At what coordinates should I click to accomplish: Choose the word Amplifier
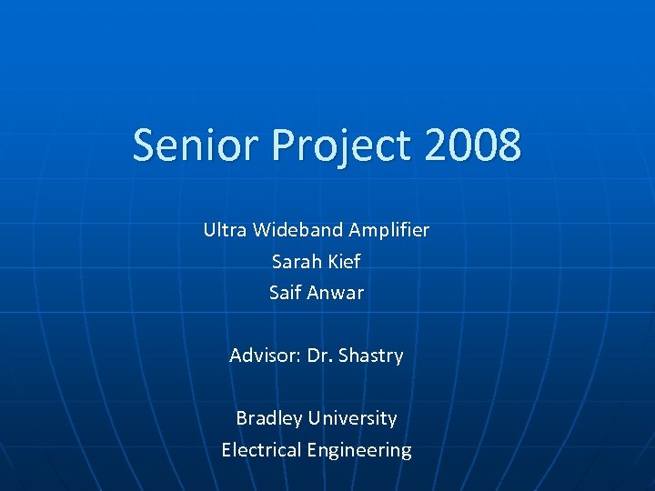click(389, 231)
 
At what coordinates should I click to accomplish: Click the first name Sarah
click(297, 262)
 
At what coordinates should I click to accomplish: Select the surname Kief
click(344, 262)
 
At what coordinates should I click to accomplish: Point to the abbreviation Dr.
click(320, 356)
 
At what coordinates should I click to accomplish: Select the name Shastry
click(371, 356)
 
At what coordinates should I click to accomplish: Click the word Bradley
click(269, 419)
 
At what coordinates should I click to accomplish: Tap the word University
click(353, 419)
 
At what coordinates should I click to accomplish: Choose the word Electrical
click(261, 450)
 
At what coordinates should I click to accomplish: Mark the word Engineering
click(359, 451)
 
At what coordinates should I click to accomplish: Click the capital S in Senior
click(144, 145)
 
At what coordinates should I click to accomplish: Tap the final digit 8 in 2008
click(509, 145)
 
